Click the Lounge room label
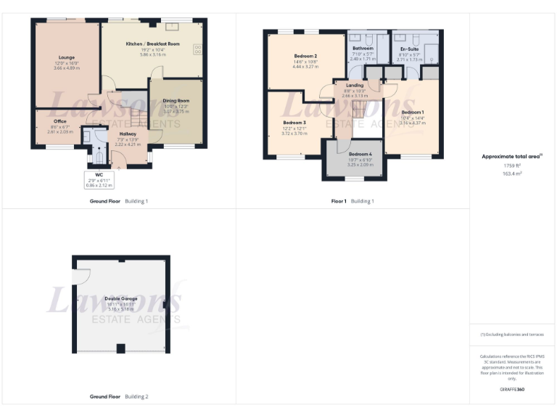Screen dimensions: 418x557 point(67,57)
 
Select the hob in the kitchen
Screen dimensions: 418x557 point(197,49)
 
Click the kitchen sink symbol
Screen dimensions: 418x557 point(172,27)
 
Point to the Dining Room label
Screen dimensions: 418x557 point(176,101)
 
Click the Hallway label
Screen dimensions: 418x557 point(128,134)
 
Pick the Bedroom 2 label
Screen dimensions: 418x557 point(305,56)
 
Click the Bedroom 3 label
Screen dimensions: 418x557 point(294,123)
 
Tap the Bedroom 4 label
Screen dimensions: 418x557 point(360,155)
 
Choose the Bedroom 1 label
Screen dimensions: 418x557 point(412,112)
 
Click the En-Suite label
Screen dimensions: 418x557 point(410,49)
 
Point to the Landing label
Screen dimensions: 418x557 point(355,85)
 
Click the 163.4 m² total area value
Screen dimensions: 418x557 point(513,174)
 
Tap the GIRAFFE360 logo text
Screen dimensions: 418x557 point(513,390)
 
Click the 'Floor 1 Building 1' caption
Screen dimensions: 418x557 point(352,201)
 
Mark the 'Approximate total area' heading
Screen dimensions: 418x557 point(512,156)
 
